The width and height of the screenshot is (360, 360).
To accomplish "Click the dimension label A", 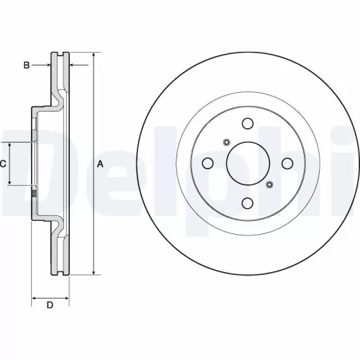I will point(100,164).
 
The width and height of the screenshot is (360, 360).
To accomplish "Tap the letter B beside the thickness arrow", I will point(26,66).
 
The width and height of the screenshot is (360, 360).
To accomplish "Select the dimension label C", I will point(3,164).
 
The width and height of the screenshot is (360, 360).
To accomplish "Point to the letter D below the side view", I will point(50,305).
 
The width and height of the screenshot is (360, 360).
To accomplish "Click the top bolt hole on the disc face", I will point(248,122).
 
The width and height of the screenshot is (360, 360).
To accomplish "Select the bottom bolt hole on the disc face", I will point(248,203).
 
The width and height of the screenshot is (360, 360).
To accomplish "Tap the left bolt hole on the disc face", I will point(207,163).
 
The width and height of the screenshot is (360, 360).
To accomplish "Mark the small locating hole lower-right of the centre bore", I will point(270,185).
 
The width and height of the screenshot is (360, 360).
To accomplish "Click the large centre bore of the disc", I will point(248,163).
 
